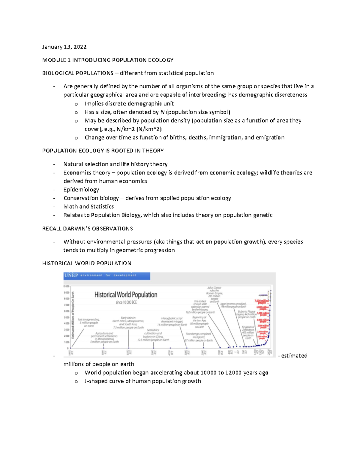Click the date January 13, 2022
point(64,47)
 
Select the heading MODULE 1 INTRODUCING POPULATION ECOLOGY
point(108,60)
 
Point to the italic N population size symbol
point(162,112)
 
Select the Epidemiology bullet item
point(81,190)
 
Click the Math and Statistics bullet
point(88,206)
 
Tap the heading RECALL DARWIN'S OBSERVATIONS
point(87,229)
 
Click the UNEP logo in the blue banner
point(71,275)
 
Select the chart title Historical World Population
point(126,295)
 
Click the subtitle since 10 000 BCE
point(126,302)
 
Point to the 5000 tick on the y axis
point(67,317)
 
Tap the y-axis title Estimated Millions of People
point(73,315)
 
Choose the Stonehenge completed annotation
point(199,337)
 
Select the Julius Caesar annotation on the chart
point(214,293)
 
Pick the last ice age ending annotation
point(89,323)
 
